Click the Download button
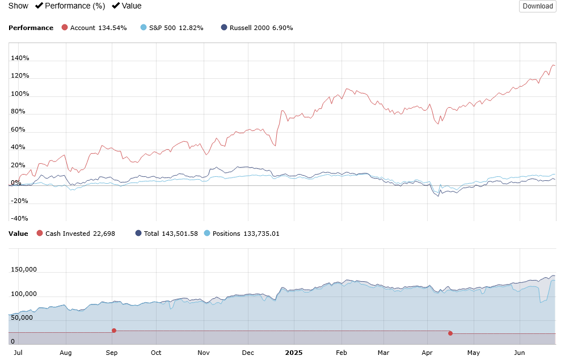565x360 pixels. pos(537,6)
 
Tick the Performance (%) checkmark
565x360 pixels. pos(39,6)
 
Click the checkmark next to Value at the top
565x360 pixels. pos(116,6)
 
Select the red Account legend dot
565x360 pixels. pos(65,27)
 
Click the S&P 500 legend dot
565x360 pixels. pos(144,27)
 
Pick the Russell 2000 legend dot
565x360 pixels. pos(224,27)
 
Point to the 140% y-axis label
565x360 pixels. pos(20,58)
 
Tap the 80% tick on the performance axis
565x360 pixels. pos(18,112)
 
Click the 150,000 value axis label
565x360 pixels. pos(24,270)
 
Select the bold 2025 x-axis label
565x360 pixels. pos(294,352)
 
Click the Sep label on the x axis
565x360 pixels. pos(112,352)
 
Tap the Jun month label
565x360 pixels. pos(519,352)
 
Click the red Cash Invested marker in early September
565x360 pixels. pos(114,331)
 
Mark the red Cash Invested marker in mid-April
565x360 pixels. pos(450,333)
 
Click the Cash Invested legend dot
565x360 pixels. pos(40,233)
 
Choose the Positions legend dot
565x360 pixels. pos(206,233)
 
